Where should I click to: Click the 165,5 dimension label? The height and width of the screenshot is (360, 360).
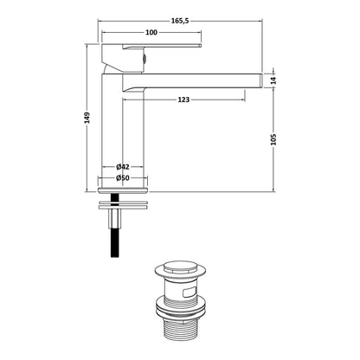point(180,21)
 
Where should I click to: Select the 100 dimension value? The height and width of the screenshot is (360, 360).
point(151,32)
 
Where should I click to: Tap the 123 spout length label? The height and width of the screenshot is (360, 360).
point(183,100)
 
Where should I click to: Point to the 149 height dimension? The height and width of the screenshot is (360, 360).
point(87,118)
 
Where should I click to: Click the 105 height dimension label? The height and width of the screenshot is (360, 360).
point(273,139)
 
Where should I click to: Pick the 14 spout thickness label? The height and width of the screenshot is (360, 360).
point(273,80)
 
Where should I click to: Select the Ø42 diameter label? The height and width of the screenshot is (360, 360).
point(123,167)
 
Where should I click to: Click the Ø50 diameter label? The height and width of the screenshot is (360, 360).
point(123,178)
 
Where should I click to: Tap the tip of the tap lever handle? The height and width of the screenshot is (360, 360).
point(201,45)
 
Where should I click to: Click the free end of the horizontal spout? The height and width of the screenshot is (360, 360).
point(261,80)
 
